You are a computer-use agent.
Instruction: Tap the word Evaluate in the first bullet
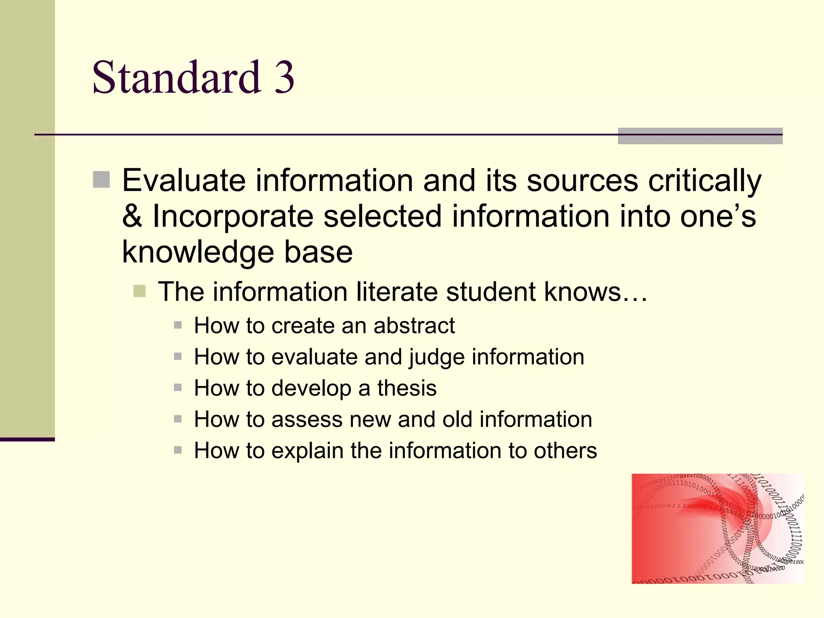[183, 181]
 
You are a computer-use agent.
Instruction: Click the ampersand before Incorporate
[132, 216]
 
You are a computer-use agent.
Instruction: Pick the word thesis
[407, 388]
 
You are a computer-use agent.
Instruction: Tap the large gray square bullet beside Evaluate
[101, 180]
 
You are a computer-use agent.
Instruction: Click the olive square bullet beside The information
[139, 291]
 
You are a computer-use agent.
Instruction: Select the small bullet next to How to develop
[178, 388]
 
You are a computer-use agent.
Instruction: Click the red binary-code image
[717, 528]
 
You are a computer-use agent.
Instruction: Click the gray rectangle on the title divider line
[700, 136]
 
